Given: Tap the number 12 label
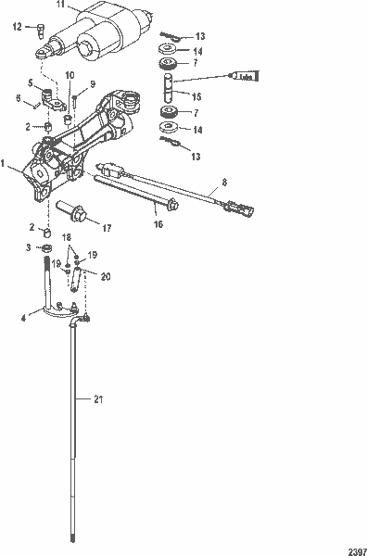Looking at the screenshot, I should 17,28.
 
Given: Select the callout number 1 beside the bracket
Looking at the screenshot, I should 6,163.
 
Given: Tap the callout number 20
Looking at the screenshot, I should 105,276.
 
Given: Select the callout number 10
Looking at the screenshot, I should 70,74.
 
